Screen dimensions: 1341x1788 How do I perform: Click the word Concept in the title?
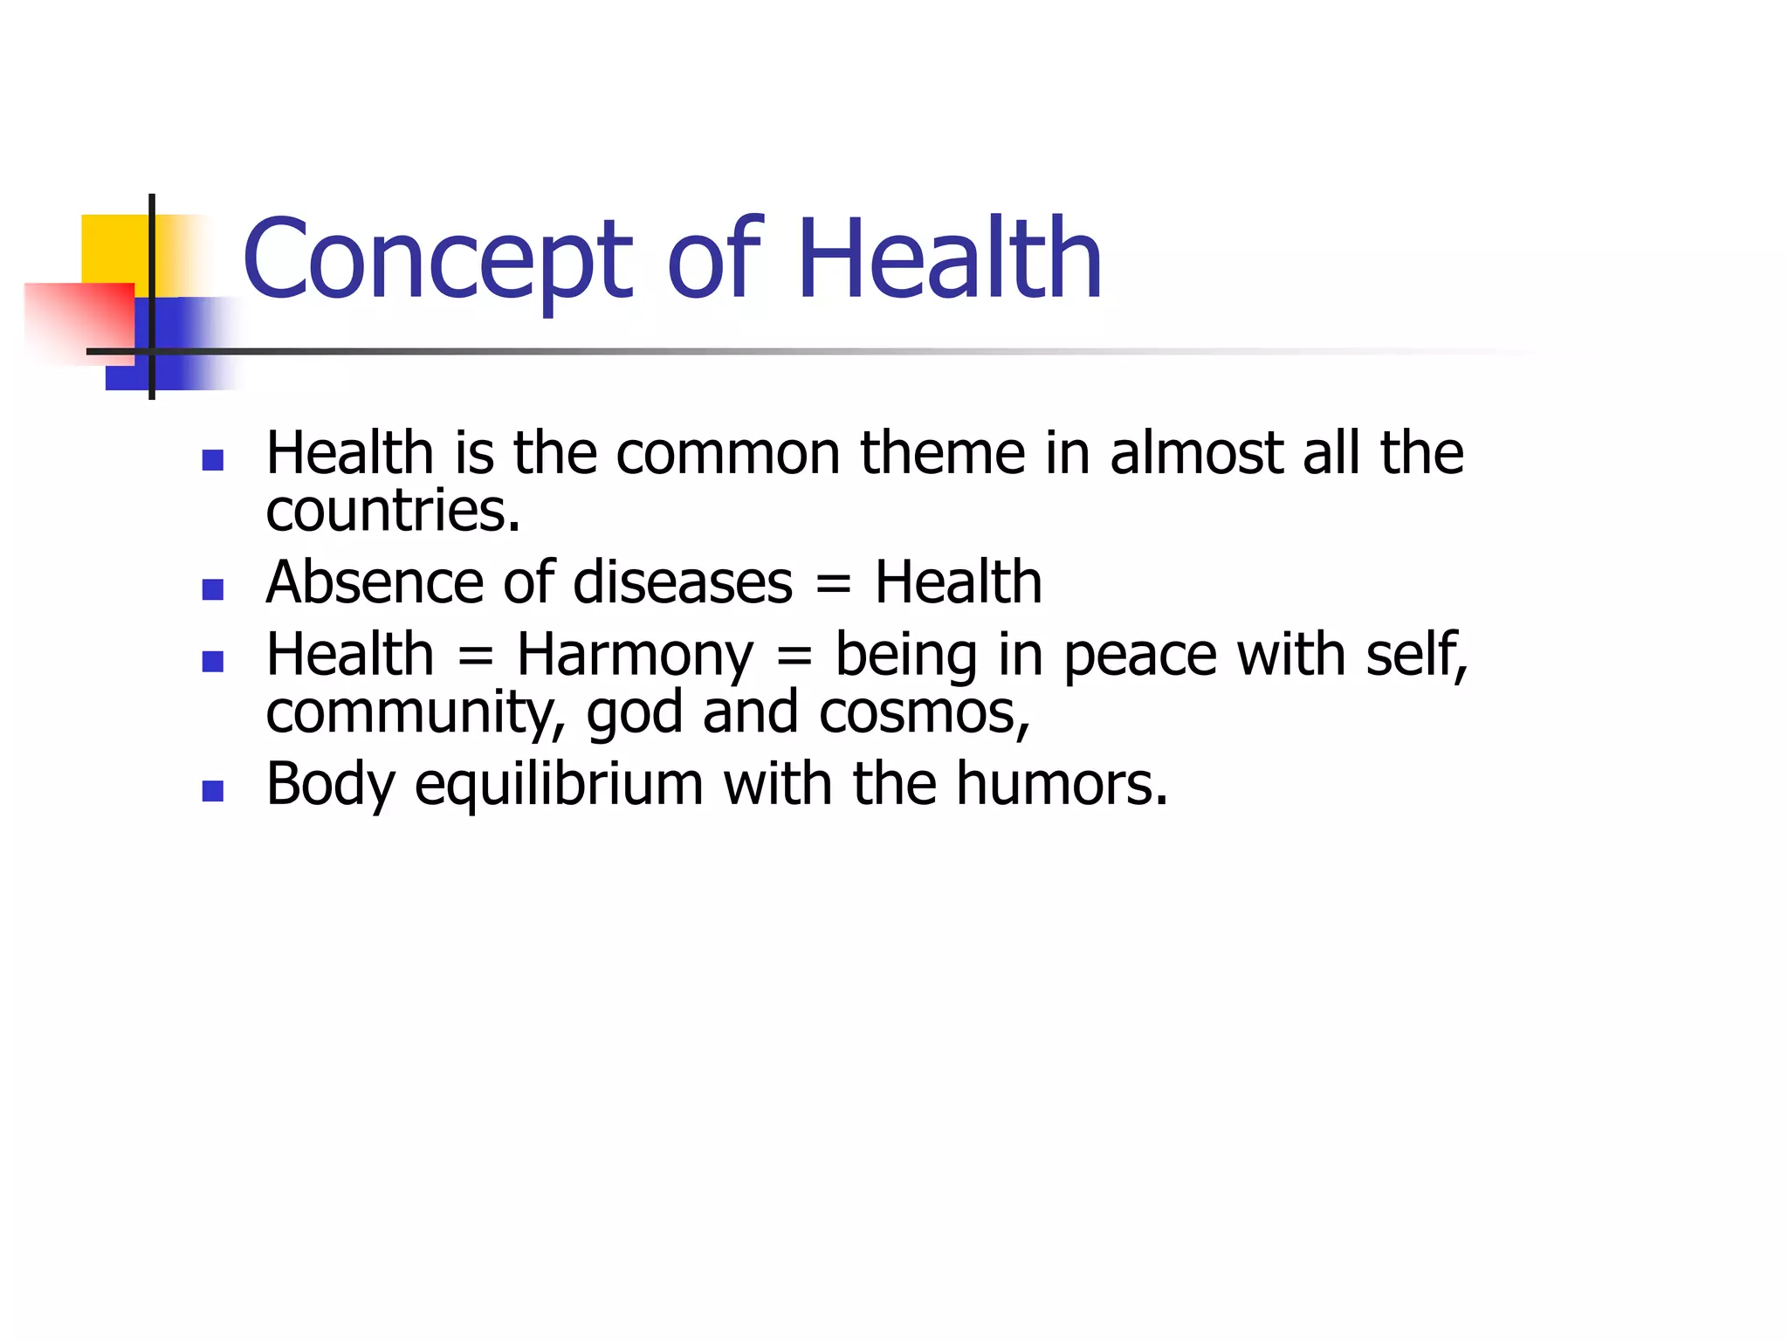coord(437,259)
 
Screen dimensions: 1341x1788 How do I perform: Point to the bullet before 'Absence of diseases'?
coord(212,589)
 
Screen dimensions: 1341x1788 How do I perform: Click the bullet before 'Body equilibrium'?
coord(212,791)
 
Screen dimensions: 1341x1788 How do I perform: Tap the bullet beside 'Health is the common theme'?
coord(212,459)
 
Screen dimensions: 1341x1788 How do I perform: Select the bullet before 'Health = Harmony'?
coord(212,661)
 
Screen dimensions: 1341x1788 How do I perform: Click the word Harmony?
coord(635,656)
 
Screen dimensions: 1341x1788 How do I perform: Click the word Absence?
coord(375,582)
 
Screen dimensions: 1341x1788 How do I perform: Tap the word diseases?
coord(683,582)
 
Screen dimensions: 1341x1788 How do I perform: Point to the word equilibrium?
coord(559,784)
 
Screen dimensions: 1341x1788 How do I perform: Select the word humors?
coord(1061,784)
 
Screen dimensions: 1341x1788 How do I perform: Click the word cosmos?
coord(924,712)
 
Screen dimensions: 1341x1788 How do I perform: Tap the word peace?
coord(1140,656)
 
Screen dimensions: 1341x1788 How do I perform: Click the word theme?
coord(943,453)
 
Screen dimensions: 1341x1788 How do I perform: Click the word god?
coord(635,712)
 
